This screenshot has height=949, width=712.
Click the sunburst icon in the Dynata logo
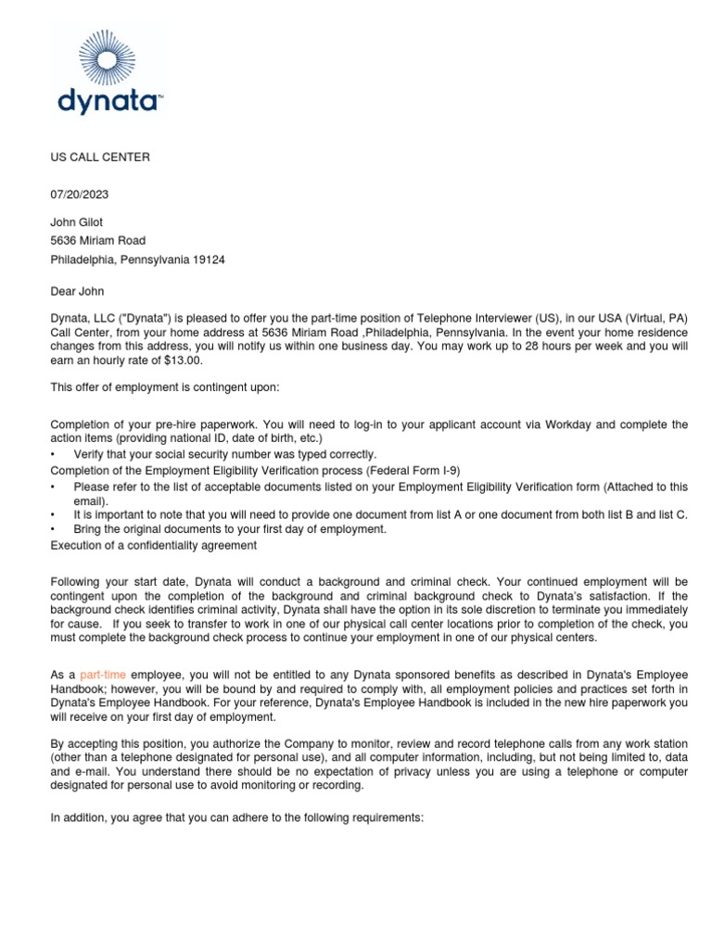pos(109,57)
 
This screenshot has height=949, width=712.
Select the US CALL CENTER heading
pos(100,158)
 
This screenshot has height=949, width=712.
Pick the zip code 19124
pos(208,260)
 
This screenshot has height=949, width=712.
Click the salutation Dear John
pos(79,291)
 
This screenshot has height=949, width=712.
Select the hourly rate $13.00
pos(182,361)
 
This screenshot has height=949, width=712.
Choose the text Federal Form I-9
pos(413,470)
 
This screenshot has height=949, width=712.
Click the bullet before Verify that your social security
pos(54,454)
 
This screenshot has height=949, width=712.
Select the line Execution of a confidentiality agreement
pos(154,546)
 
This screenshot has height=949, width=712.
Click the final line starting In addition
pos(236,818)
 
